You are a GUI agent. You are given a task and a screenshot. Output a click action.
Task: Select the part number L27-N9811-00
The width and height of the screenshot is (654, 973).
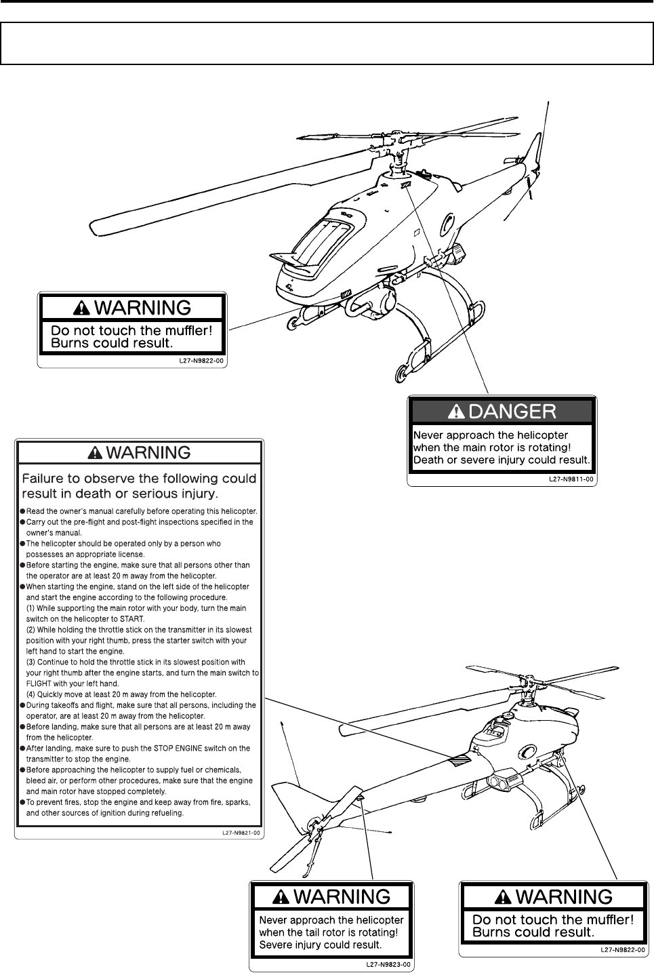[x=571, y=479]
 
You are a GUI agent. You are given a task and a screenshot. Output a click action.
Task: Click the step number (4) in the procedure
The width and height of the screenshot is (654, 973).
[x=33, y=694]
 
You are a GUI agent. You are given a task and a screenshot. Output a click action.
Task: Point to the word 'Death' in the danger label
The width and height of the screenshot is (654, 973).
[x=430, y=460]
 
